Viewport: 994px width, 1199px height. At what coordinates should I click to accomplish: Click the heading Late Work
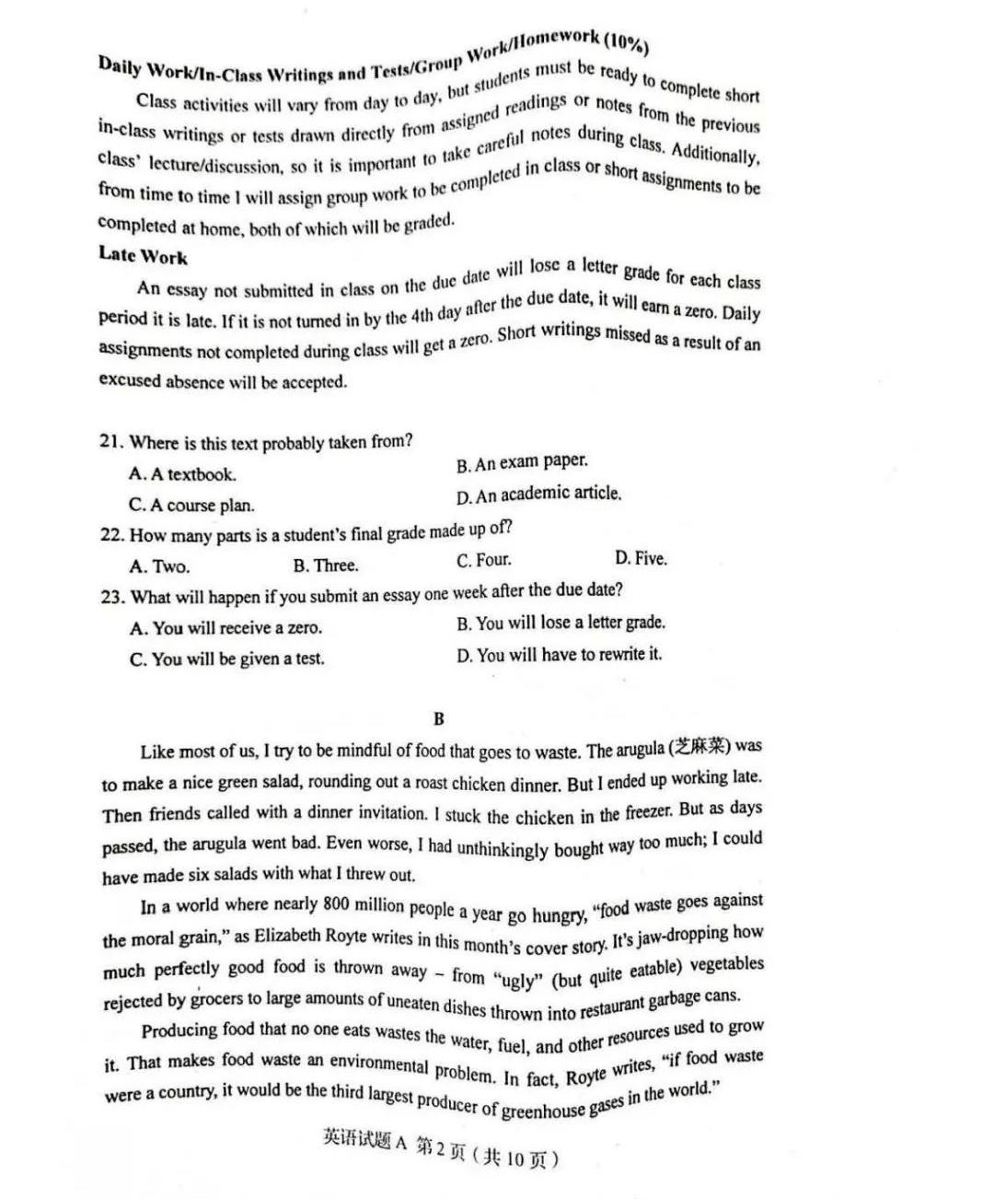[x=143, y=255]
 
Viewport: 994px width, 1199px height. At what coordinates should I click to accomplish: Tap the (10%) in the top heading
[x=627, y=41]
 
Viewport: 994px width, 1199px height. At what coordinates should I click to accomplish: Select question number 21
[x=111, y=441]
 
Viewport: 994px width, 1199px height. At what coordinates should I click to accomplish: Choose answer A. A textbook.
[x=182, y=474]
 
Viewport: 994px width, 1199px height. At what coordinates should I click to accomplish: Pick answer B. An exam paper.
[x=522, y=462]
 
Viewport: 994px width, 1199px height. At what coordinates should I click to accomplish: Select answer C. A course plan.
[x=191, y=505]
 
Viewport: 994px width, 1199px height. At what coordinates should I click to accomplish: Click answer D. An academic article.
[x=538, y=495]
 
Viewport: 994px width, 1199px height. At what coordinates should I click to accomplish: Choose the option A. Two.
[x=159, y=566]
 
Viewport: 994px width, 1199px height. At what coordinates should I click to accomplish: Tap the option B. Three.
[x=326, y=565]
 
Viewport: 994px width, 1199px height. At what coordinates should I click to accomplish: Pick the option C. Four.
[x=483, y=560]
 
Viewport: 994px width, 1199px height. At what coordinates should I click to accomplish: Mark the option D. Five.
[x=641, y=558]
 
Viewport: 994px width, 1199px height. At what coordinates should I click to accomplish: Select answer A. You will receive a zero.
[x=225, y=628]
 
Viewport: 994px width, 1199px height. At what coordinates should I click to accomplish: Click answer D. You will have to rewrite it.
[x=559, y=655]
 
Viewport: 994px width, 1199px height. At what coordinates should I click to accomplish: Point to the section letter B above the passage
[x=438, y=718]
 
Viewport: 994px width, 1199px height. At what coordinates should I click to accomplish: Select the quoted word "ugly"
[x=518, y=979]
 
